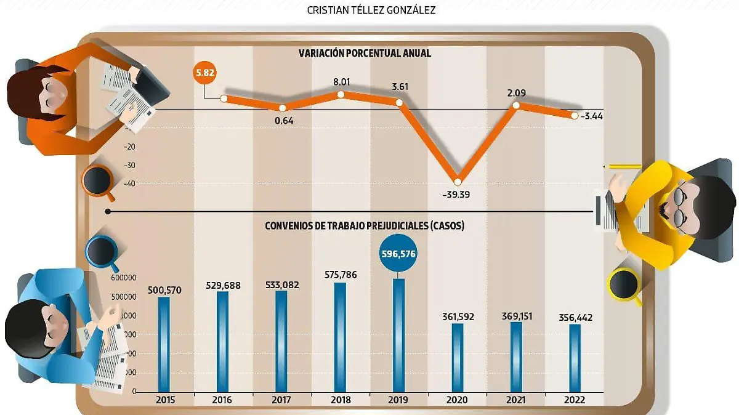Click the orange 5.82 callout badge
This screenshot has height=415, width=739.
pyautogui.click(x=204, y=73)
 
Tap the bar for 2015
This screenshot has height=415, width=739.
pyautogui.click(x=164, y=344)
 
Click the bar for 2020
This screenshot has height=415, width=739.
pyautogui.click(x=458, y=357)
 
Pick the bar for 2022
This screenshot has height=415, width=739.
pyautogui.click(x=575, y=358)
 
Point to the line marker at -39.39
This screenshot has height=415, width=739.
pyautogui.click(x=457, y=182)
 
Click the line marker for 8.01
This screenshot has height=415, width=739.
pyautogui.click(x=340, y=94)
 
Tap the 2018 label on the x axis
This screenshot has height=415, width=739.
pyautogui.click(x=340, y=400)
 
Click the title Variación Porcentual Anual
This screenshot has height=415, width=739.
pyautogui.click(x=365, y=54)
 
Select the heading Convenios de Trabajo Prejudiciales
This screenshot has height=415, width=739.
pyautogui.click(x=365, y=226)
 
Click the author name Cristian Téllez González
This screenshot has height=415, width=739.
pyautogui.click(x=370, y=10)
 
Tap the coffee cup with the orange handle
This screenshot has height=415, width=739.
pyautogui.click(x=98, y=180)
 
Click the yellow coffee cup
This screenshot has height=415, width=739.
pyautogui.click(x=624, y=284)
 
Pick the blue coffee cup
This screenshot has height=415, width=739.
pyautogui.click(x=102, y=252)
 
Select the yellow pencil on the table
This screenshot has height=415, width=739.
pyautogui.click(x=623, y=166)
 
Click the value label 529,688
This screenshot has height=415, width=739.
pyautogui.click(x=222, y=286)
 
